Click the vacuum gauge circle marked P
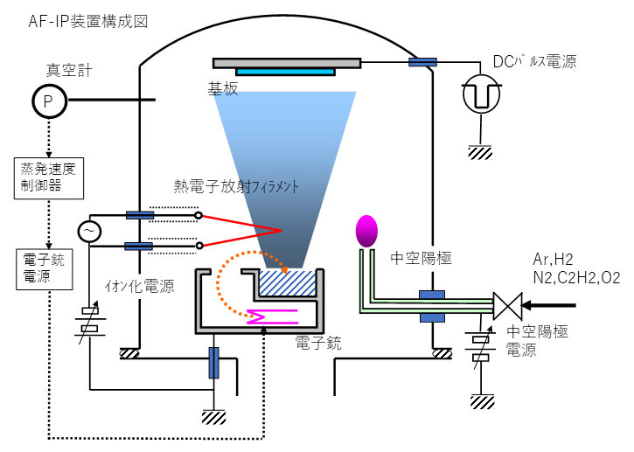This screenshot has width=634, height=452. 49,101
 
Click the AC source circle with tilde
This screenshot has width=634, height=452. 90,231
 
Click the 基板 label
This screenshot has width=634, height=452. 221,90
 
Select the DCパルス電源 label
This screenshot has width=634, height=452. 534,61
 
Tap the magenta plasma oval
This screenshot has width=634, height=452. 367,231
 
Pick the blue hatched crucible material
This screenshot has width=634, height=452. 288,284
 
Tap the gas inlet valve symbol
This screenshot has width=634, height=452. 506,306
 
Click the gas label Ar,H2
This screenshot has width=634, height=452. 554,260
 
